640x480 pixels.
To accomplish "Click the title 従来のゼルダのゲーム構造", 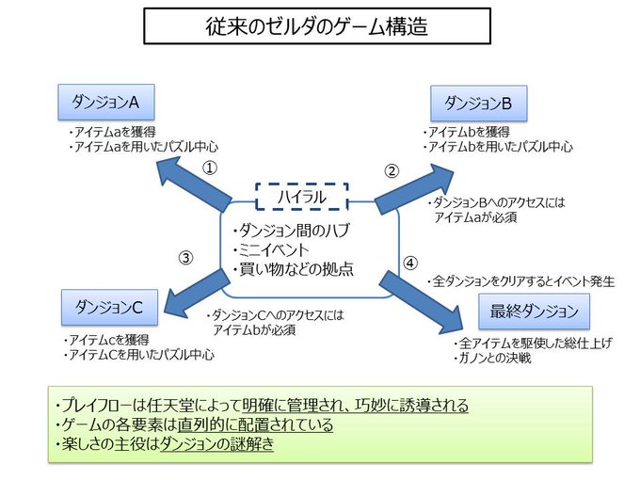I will tap(317, 26).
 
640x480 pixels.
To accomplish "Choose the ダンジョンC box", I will tap(109, 307).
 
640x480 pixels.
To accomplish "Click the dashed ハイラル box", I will tap(302, 196).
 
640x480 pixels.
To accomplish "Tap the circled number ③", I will tap(186, 256).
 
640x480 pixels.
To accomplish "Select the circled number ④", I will tap(409, 263).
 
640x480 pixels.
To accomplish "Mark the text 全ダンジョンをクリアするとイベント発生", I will tap(523, 280).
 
